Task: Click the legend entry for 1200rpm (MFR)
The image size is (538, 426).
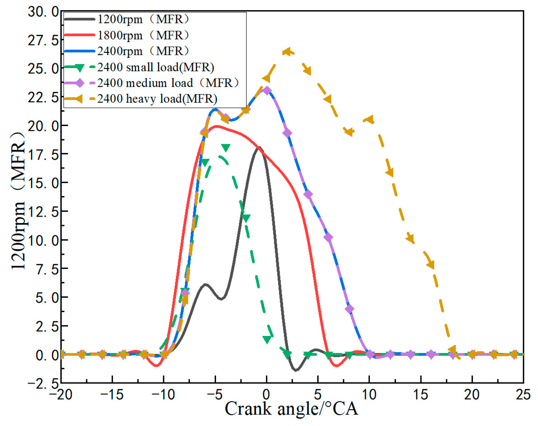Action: point(143,19)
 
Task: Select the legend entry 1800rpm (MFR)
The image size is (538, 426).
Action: point(143,36)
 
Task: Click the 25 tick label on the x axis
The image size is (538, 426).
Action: point(523,395)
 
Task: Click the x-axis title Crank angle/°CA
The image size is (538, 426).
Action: point(291,409)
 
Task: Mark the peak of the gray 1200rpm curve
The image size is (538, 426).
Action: point(259,147)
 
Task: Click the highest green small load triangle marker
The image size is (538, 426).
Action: point(225,148)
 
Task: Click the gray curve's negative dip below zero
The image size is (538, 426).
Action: point(296,370)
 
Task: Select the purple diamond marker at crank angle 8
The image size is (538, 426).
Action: point(349,309)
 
